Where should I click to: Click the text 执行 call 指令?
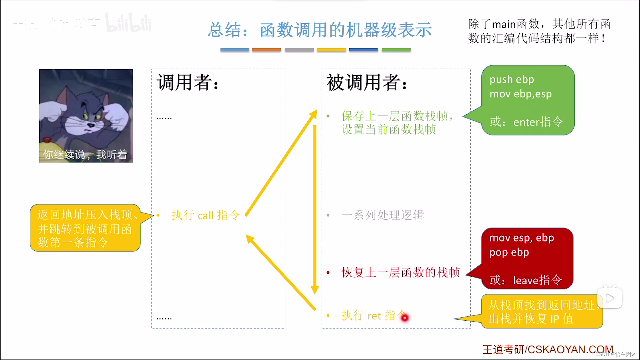click(x=205, y=215)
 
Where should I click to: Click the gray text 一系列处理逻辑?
click(x=383, y=215)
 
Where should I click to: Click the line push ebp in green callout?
click(x=512, y=79)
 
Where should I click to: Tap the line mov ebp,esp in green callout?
click(x=520, y=94)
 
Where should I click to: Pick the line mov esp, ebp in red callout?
click(x=522, y=238)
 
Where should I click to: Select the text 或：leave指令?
click(x=526, y=280)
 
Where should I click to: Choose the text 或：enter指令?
click(x=526, y=122)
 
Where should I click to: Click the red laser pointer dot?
click(x=405, y=318)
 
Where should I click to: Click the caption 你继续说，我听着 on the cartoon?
click(x=85, y=155)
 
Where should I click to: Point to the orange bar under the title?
click(x=266, y=50)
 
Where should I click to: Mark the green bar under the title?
click(x=396, y=50)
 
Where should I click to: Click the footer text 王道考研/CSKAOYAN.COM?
click(x=548, y=349)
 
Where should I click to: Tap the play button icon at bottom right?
click(x=610, y=298)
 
